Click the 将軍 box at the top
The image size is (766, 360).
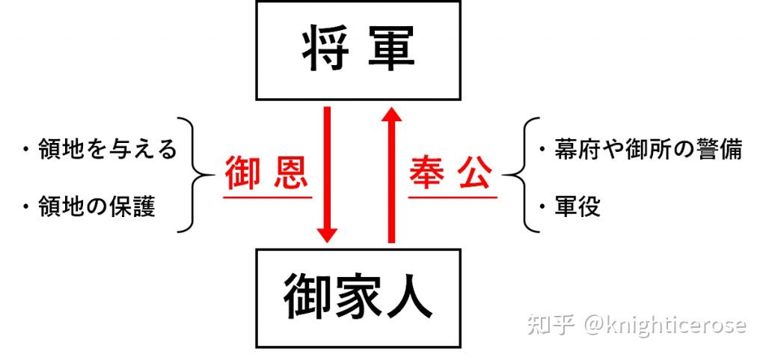pyautogui.click(x=358, y=51)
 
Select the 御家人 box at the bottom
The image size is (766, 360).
pyautogui.click(x=358, y=298)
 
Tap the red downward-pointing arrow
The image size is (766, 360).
pyautogui.click(x=327, y=175)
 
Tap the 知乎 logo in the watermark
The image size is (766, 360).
pyautogui.click(x=551, y=325)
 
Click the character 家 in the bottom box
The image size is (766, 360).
pyautogui.click(x=358, y=299)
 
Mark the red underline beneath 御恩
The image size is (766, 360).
pyautogui.click(x=266, y=197)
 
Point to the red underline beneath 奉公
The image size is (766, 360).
pyautogui.click(x=451, y=197)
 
